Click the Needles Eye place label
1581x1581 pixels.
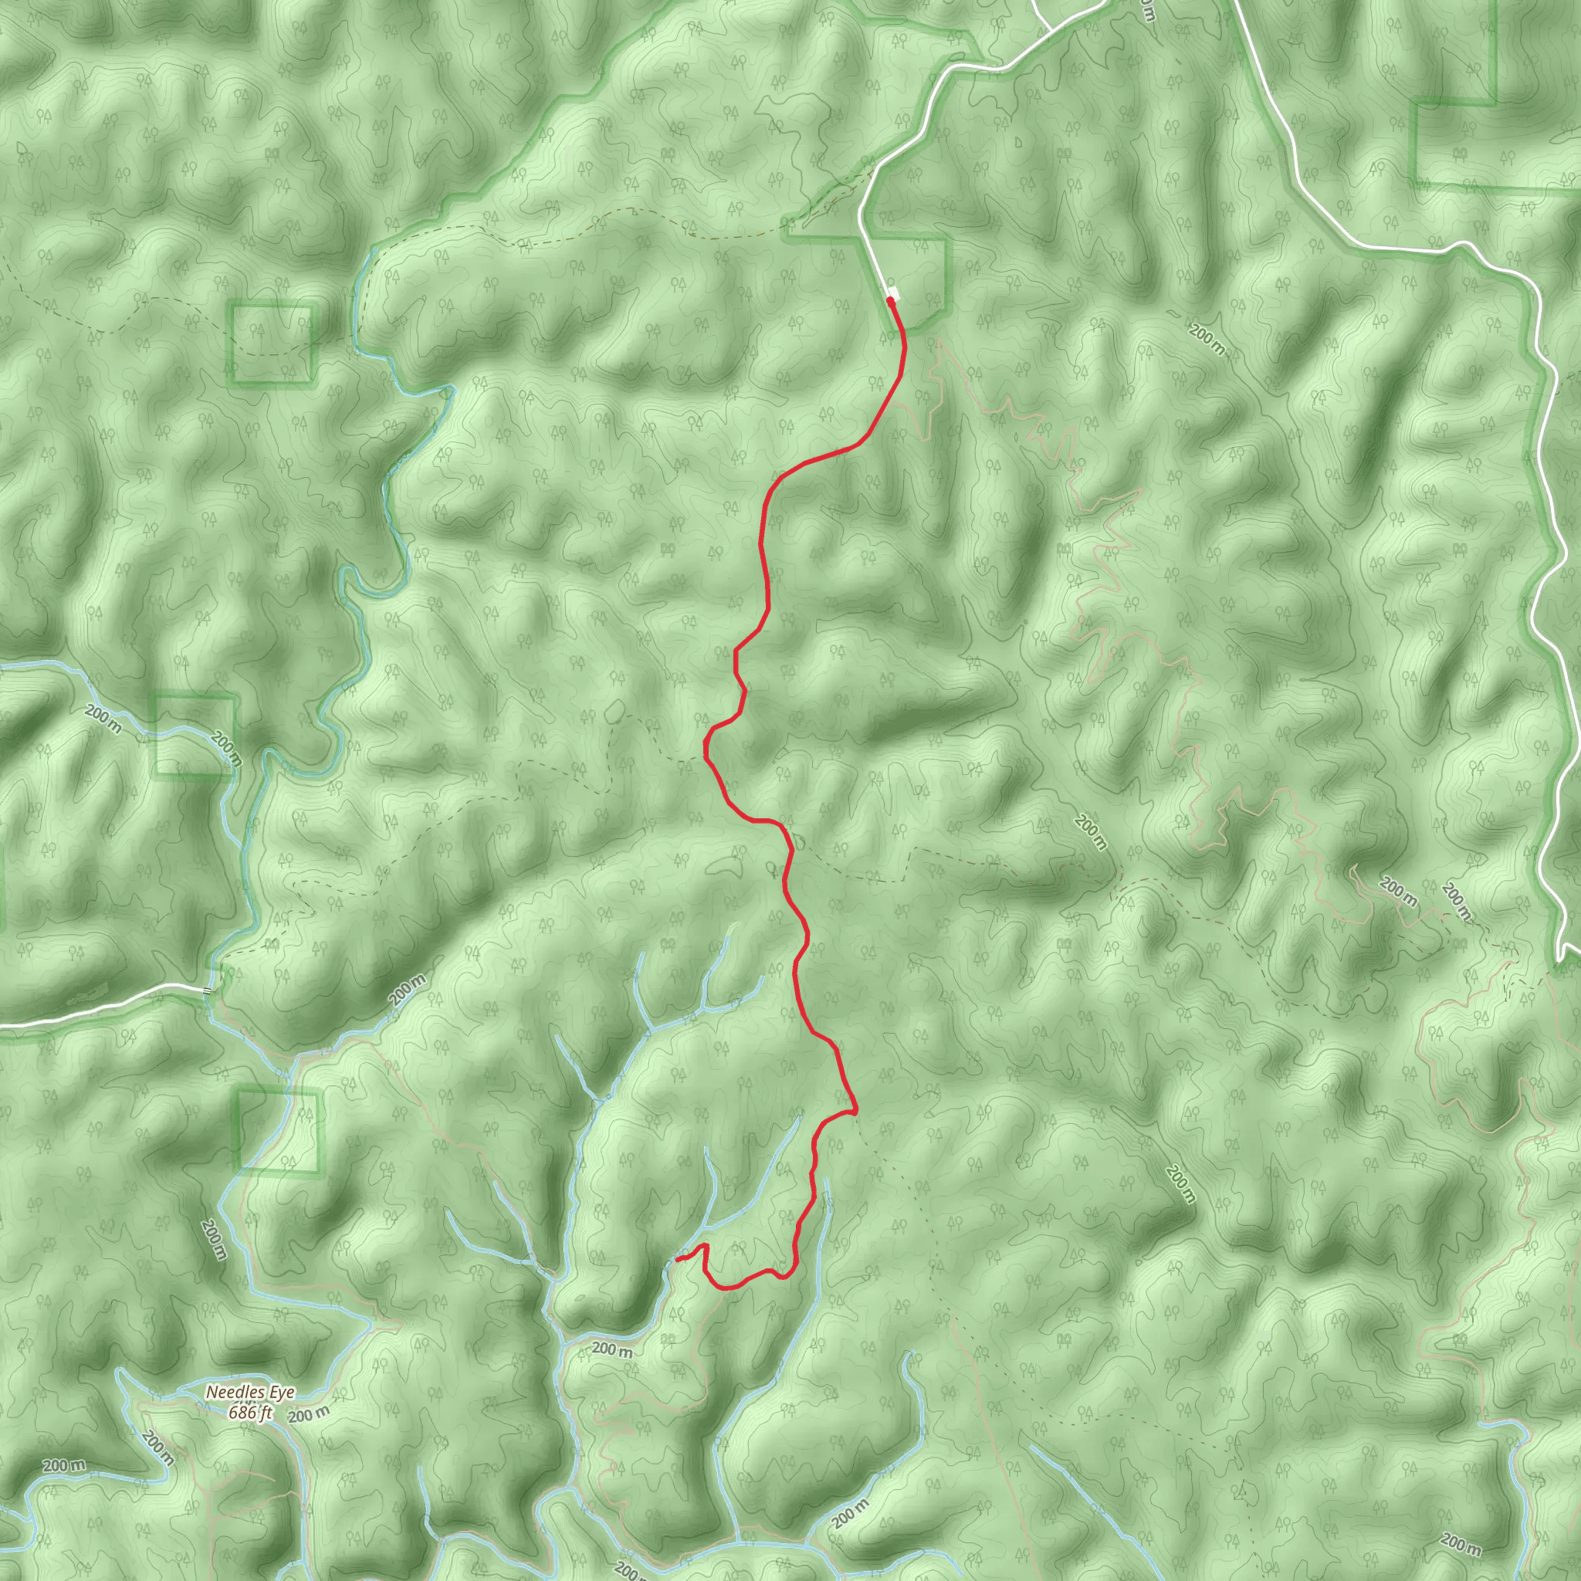(x=249, y=1392)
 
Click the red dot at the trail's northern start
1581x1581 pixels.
(x=889, y=300)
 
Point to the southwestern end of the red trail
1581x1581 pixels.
(x=678, y=1258)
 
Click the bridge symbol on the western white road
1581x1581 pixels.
(x=205, y=990)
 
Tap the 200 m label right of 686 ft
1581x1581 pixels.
(x=310, y=1414)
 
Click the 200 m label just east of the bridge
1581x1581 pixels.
(x=408, y=990)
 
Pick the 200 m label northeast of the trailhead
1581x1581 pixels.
(x=1207, y=340)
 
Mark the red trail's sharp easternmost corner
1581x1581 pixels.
(x=855, y=1112)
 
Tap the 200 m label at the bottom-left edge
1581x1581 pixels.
(x=64, y=1466)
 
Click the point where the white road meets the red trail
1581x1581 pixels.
(x=890, y=301)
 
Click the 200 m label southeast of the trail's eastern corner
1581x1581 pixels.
(x=1180, y=1183)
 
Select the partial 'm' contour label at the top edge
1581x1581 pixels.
(x=1147, y=10)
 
